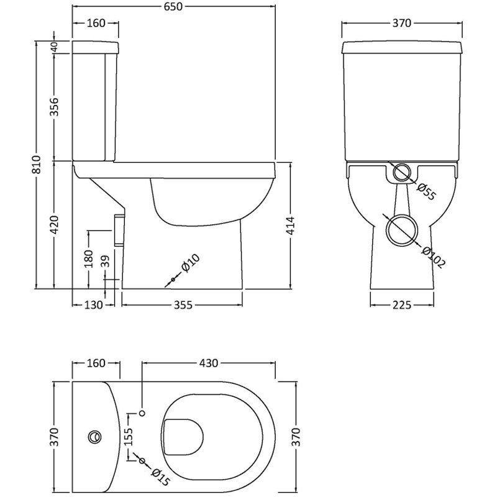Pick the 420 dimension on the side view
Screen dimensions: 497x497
click(x=55, y=224)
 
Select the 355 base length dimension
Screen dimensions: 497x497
click(x=181, y=305)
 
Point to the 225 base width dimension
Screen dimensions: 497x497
click(x=402, y=305)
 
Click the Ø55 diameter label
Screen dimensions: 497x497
click(x=426, y=191)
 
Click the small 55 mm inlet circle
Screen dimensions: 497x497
click(x=402, y=173)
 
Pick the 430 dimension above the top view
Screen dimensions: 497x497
click(x=208, y=363)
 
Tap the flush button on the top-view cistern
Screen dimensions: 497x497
click(x=95, y=436)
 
